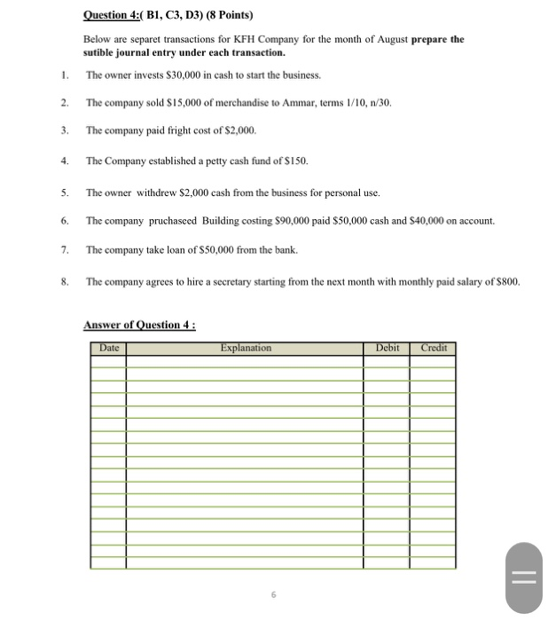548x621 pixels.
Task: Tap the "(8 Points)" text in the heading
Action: (x=229, y=15)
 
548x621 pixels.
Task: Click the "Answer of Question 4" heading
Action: (x=140, y=325)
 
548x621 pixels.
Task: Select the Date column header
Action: (x=108, y=349)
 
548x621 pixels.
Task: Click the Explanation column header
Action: (x=246, y=349)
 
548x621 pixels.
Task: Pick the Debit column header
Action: (x=388, y=349)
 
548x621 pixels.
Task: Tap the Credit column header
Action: (x=434, y=349)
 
